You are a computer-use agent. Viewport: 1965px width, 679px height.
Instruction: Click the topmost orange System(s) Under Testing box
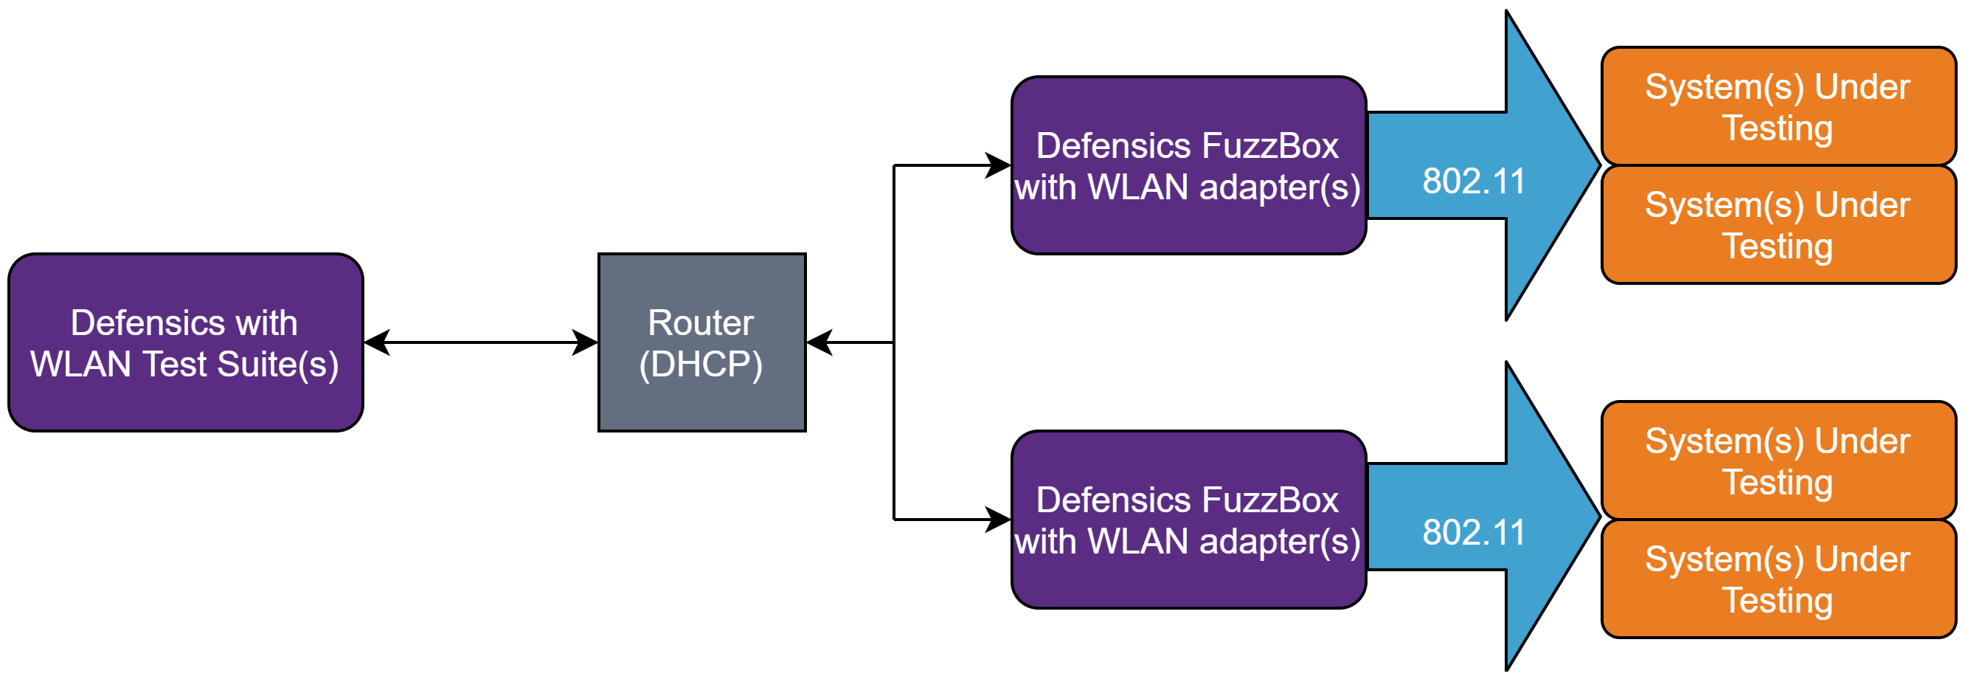[x=1778, y=107]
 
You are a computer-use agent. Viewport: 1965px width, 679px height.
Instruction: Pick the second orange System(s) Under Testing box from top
[x=1778, y=225]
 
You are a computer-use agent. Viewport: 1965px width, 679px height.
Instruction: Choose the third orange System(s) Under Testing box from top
[x=1778, y=461]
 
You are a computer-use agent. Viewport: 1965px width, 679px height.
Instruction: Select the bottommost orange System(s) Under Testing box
[x=1778, y=579]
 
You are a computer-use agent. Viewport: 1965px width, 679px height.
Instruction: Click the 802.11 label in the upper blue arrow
[x=1473, y=182]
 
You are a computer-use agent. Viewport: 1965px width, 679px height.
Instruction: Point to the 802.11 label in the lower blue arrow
[x=1473, y=533]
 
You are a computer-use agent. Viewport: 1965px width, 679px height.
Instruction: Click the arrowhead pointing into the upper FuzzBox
[x=998, y=165]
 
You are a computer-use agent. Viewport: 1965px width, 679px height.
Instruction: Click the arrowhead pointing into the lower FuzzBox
[x=998, y=520]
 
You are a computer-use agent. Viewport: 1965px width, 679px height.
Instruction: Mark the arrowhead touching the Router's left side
[x=585, y=342]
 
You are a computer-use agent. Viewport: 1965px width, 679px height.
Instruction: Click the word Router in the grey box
[x=700, y=323]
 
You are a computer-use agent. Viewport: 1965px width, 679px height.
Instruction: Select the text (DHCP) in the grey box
[x=700, y=364]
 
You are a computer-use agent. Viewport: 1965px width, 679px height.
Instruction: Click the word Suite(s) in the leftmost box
[x=277, y=364]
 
